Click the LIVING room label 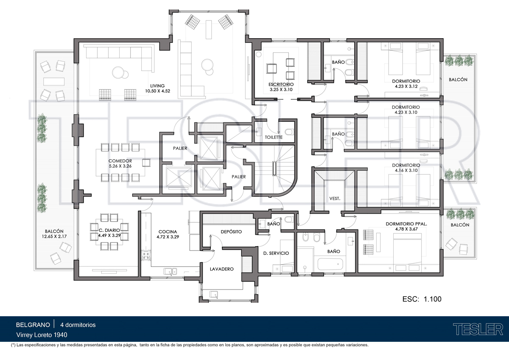click(157, 86)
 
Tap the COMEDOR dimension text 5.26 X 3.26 click(120, 166)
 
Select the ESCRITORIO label click(281, 84)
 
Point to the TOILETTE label click(274, 137)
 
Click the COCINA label click(168, 231)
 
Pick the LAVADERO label click(221, 269)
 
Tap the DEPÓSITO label click(231, 232)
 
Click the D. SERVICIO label click(276, 253)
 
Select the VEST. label click(335, 199)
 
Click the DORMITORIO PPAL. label click(406, 224)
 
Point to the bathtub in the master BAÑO click(330, 264)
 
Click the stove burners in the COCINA click(145, 256)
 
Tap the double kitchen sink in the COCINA click(170, 271)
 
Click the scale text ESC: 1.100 click(422, 299)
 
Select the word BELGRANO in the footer click(33, 325)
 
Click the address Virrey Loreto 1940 click(42, 335)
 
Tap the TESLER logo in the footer click(478, 329)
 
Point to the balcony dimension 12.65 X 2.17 click(54, 236)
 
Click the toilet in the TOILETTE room click(289, 132)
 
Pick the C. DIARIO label click(109, 231)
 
